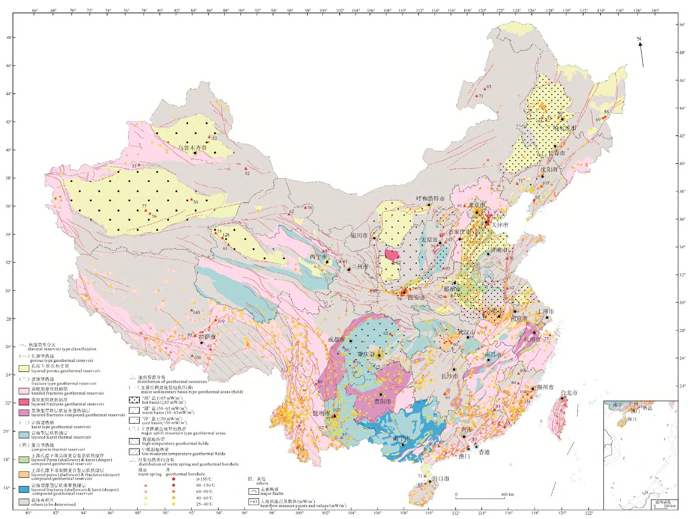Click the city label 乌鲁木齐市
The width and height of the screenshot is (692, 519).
[192, 148]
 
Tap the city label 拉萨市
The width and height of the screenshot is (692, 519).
[207, 337]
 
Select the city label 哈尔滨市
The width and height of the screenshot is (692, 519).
[564, 128]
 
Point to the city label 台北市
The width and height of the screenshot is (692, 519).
[569, 393]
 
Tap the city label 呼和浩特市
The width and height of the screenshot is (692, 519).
[430, 198]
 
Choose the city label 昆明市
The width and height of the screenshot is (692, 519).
[321, 413]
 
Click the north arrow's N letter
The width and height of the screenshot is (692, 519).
[639, 39]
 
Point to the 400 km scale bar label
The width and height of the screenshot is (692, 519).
[507, 494]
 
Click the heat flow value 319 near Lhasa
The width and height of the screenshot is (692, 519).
[221, 321]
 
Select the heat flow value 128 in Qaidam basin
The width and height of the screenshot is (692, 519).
[226, 235]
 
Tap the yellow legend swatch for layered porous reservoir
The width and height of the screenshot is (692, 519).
[24, 369]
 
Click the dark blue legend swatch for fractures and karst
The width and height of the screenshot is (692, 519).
[24, 489]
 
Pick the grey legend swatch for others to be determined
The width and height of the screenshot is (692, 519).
[24, 502]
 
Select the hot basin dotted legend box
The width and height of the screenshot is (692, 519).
[134, 400]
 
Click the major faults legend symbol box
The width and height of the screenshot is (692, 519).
[253, 491]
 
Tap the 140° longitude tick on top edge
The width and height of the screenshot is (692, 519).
[655, 11]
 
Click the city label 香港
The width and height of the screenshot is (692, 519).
[484, 452]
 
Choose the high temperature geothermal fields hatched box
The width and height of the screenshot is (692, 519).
[134, 441]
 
